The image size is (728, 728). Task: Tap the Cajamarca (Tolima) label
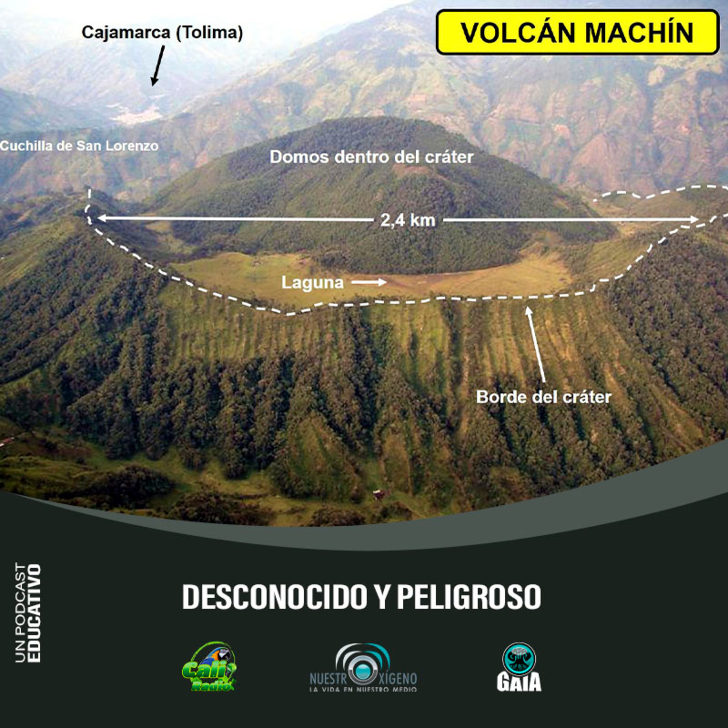[162, 33]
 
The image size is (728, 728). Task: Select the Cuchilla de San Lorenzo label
[79, 146]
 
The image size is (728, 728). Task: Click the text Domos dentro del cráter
[371, 157]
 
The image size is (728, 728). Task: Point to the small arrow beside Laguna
[369, 282]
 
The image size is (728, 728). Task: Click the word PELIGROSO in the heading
[469, 597]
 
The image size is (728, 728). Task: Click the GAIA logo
[519, 667]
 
